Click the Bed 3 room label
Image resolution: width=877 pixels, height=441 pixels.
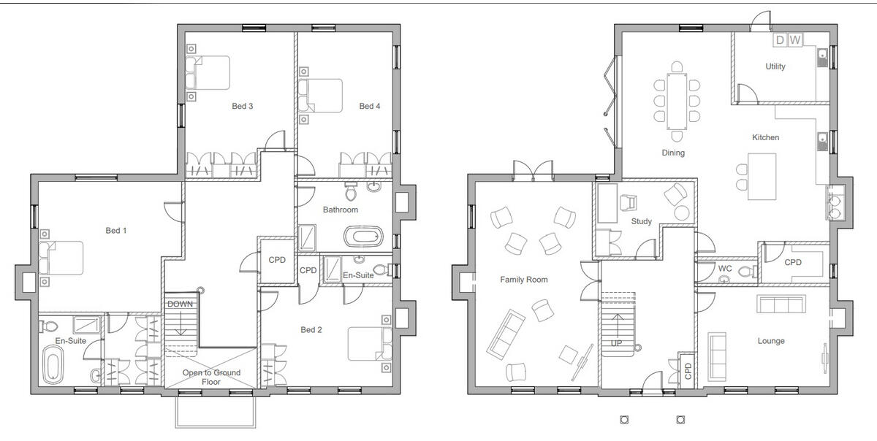(242, 107)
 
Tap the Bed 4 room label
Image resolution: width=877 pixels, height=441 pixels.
(369, 107)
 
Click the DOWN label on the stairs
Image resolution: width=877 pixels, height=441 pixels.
(179, 304)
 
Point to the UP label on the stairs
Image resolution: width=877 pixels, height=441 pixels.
(618, 342)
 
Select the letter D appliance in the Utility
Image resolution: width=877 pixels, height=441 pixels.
(780, 40)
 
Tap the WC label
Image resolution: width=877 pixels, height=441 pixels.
(724, 269)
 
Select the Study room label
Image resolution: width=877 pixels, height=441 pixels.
(641, 221)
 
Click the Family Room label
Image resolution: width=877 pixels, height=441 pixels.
(523, 280)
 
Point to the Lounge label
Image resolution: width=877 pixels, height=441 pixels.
(770, 341)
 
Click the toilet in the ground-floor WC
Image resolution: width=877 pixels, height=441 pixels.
(745, 273)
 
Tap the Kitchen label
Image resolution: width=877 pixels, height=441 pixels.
(765, 137)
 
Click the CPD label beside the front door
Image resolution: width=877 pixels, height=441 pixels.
(688, 372)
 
